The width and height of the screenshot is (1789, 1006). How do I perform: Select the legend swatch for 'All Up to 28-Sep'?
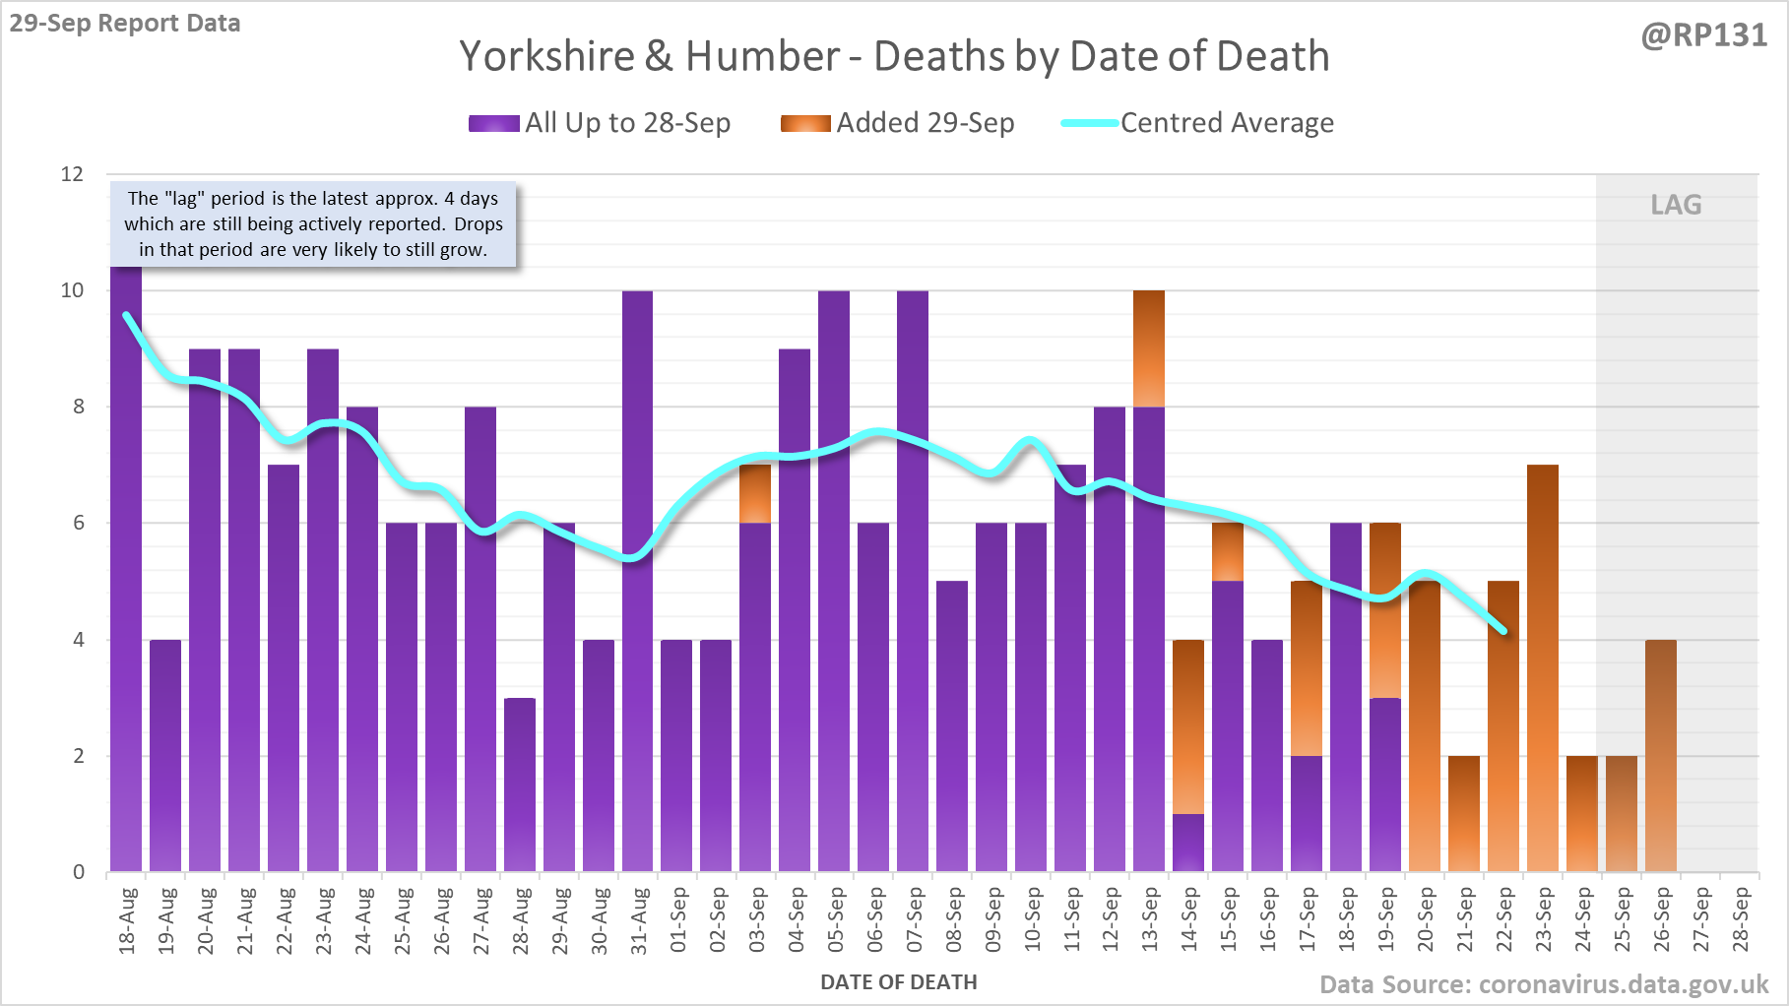(x=493, y=123)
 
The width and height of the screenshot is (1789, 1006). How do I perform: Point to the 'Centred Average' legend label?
(x=1227, y=123)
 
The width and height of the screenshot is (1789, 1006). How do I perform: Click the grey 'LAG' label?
(x=1676, y=205)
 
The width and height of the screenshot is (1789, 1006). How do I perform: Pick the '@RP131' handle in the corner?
(x=1703, y=35)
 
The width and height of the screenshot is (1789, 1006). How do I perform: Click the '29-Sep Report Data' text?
(x=125, y=23)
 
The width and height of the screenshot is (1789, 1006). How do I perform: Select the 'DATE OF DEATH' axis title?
(x=898, y=982)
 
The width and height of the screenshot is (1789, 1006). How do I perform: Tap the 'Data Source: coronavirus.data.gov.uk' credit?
(x=1543, y=984)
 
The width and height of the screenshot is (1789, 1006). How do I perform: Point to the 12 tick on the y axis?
(x=72, y=174)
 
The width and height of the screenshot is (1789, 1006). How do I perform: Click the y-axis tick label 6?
(x=79, y=523)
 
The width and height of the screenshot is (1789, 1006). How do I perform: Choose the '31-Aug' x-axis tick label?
(x=639, y=921)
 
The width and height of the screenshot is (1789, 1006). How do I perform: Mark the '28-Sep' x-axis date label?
(x=1741, y=921)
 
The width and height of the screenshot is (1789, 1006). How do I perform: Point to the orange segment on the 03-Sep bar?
(x=755, y=493)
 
